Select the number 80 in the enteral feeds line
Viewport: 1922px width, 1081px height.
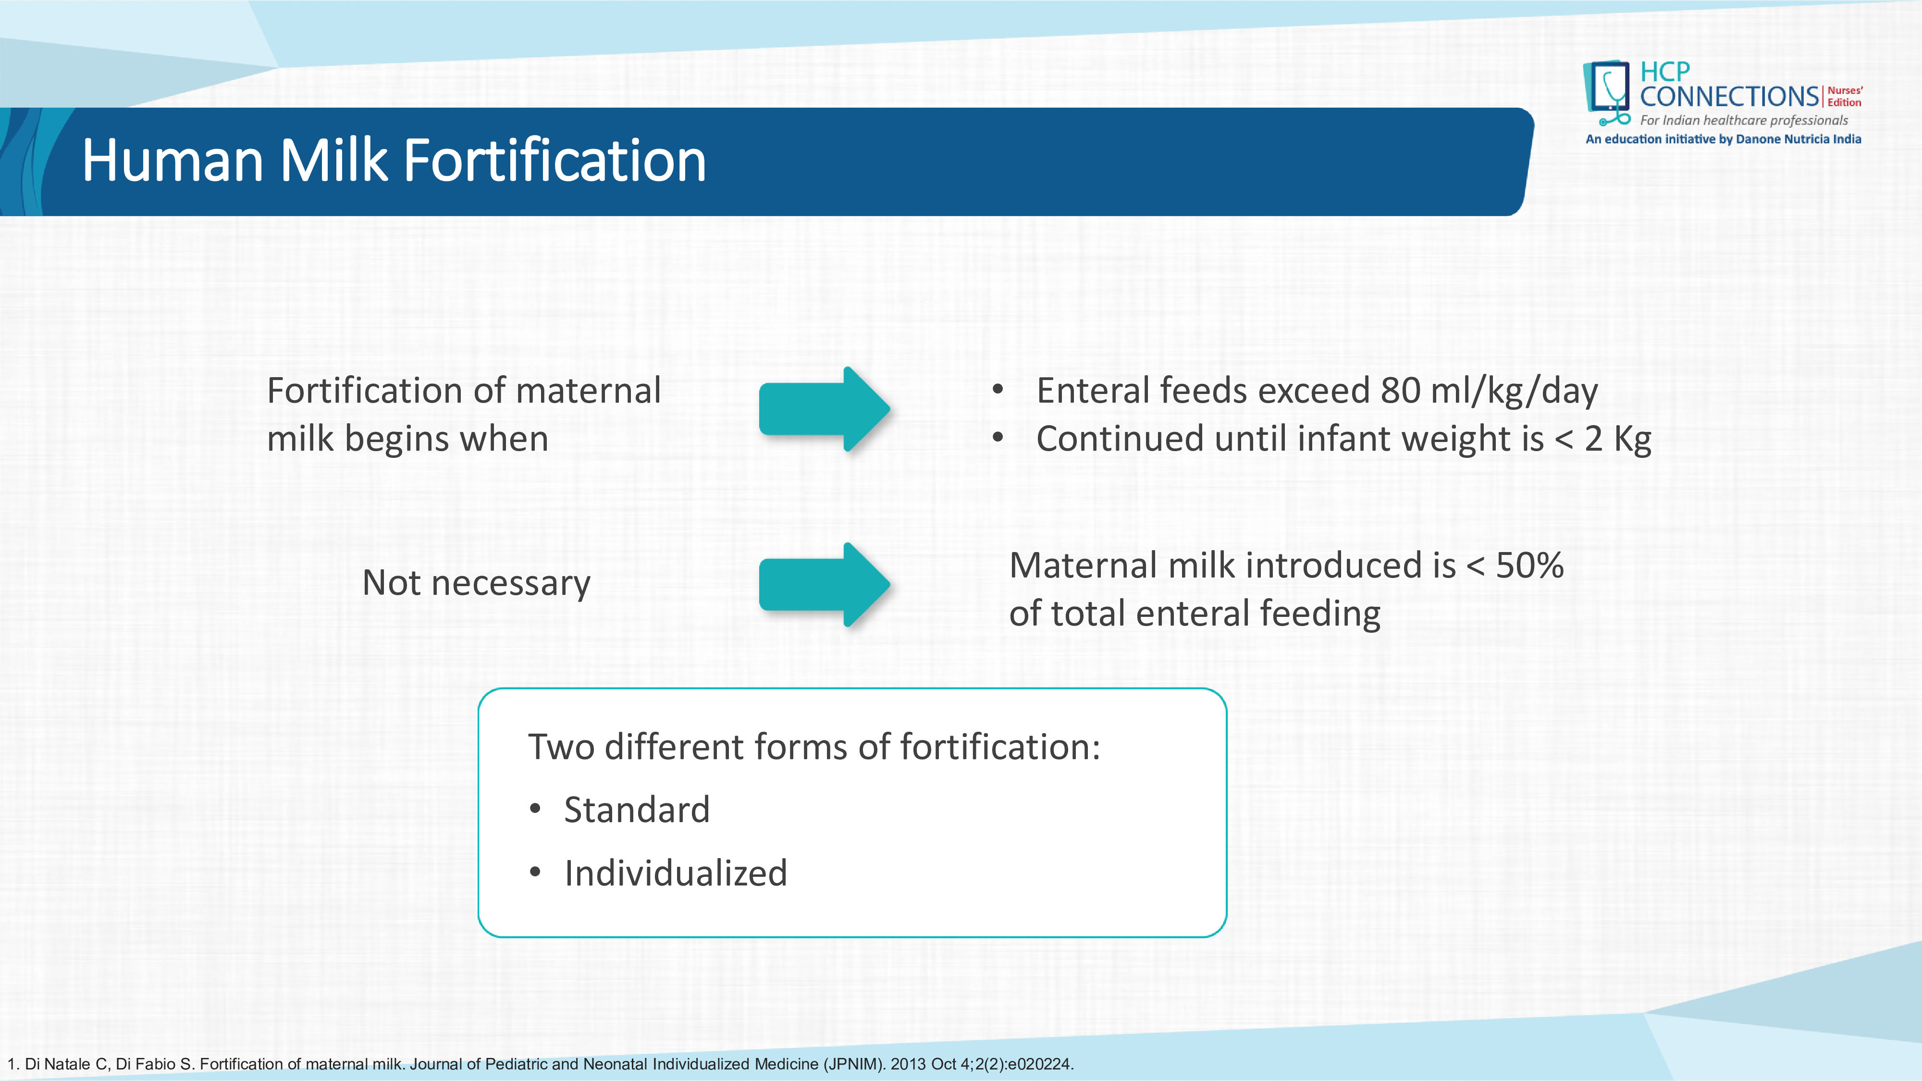tap(1400, 391)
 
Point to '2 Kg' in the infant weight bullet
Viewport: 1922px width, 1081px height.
tap(1617, 439)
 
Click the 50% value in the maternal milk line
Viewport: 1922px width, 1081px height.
tap(1529, 565)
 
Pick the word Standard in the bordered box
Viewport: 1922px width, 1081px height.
tap(637, 810)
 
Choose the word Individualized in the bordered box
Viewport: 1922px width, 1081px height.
tap(675, 873)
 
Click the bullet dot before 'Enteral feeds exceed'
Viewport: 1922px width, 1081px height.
tap(998, 389)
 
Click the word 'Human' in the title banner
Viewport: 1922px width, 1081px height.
tap(172, 160)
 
